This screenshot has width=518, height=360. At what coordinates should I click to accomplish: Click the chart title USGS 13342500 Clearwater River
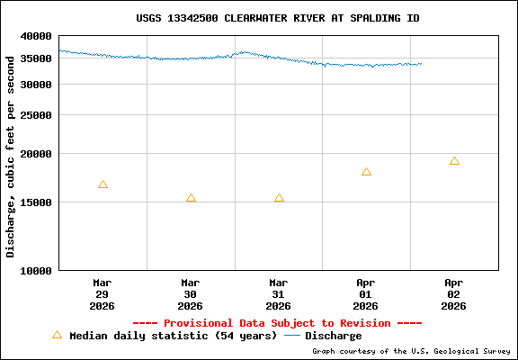pos(277,18)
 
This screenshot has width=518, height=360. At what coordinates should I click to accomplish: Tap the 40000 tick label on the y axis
pos(36,36)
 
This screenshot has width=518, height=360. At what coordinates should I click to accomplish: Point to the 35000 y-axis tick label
pos(36,58)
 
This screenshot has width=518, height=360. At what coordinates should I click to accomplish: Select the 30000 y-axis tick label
pos(36,85)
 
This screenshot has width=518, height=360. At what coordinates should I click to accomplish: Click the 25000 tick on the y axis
pos(36,115)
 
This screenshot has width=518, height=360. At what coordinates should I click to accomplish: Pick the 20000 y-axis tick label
pos(36,154)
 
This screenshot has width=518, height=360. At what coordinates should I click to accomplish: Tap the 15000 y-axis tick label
pos(36,202)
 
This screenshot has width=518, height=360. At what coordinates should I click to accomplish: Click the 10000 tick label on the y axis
pos(36,270)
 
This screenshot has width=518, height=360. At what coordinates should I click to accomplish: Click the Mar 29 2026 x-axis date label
pos(102,293)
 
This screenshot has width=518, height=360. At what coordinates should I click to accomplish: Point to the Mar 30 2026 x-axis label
pos(190,293)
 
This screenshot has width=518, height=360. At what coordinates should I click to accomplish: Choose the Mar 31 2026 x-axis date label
pos(278,293)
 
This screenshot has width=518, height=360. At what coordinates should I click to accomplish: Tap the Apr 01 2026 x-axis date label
pos(366,293)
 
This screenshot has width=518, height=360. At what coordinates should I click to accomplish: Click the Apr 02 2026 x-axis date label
pos(454,293)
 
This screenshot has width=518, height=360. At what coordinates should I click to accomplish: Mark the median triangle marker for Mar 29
pos(103,184)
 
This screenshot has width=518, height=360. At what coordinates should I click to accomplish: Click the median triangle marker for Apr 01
pos(366,172)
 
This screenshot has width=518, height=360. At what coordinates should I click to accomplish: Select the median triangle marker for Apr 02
pos(454,161)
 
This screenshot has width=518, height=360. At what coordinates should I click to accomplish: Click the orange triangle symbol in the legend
pos(57,335)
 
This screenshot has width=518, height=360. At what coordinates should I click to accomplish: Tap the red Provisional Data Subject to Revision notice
pos(277,323)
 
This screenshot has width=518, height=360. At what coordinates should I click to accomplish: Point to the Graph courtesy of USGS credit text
pos(411,352)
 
